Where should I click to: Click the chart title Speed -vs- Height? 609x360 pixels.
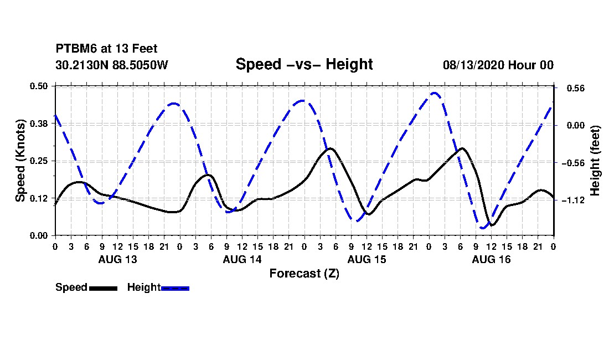click(304, 64)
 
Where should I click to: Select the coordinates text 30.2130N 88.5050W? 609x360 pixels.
click(112, 65)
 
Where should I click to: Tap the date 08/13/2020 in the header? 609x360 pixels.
click(473, 65)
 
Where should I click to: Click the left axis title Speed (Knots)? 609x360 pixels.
click(20, 161)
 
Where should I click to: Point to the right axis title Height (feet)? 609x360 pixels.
click(595, 161)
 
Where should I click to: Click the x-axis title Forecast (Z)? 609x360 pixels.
click(304, 274)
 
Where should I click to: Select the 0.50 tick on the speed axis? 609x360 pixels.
click(39, 86)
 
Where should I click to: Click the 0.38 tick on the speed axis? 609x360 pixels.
click(39, 124)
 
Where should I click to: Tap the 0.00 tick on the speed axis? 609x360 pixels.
click(39, 236)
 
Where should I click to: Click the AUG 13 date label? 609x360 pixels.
click(118, 259)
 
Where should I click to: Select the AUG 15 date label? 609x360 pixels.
click(367, 259)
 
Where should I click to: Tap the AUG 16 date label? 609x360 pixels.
click(491, 259)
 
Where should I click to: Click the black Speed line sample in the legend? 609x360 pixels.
click(104, 288)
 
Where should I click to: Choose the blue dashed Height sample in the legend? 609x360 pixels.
click(175, 288)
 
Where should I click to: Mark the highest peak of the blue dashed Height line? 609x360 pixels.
click(434, 93)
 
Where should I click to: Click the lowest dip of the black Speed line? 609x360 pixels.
click(492, 225)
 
